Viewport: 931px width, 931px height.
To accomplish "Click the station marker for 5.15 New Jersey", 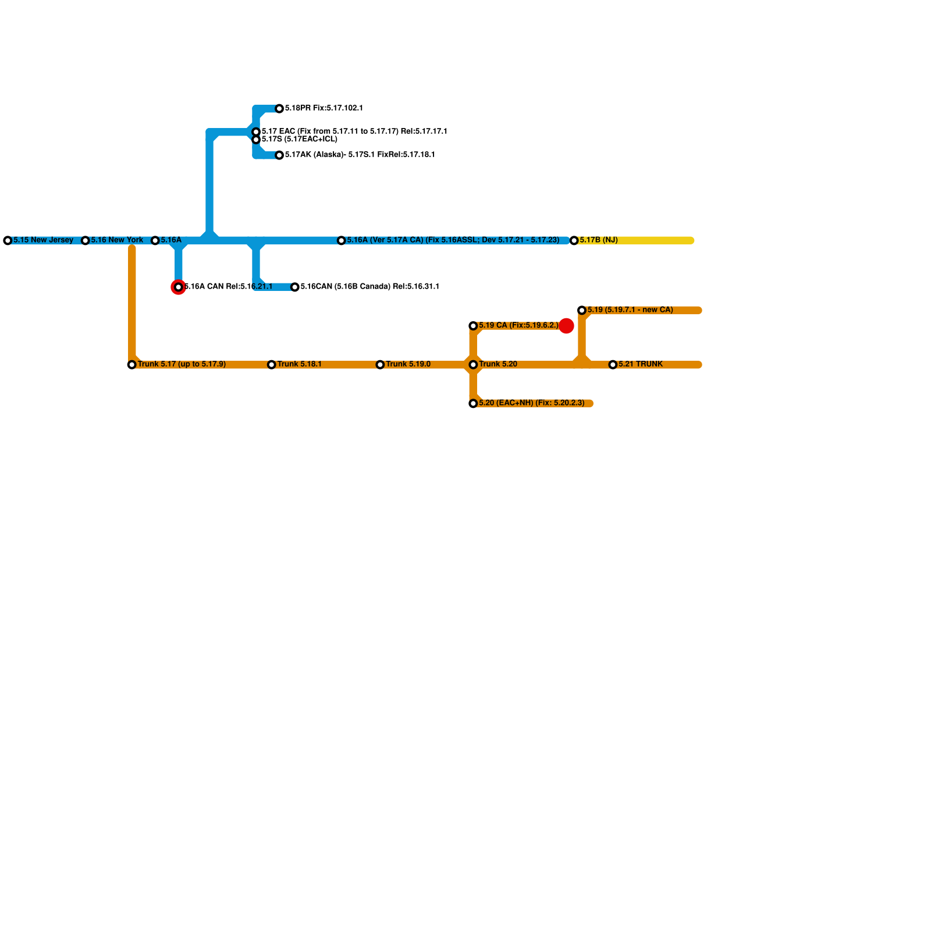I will pos(8,240).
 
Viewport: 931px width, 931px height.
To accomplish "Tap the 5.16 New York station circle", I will pos(85,240).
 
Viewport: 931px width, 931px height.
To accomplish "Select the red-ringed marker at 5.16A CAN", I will pos(179,287).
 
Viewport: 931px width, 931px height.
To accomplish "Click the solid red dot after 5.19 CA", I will pos(566,326).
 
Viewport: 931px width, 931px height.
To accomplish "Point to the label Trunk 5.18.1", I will pos(299,364).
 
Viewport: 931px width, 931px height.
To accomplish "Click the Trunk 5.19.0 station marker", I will pos(380,365).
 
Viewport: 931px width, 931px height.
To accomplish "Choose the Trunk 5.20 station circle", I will pos(473,365).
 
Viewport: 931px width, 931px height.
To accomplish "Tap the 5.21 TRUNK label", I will pos(640,364).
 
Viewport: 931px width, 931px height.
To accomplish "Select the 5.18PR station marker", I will pos(279,109).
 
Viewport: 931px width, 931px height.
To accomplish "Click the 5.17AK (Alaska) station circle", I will pos(279,155).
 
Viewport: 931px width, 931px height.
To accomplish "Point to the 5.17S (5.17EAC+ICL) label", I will pos(299,140).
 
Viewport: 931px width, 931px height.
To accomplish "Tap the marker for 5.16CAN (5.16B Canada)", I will pos(295,287).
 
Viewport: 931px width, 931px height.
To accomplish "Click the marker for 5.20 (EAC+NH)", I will pos(473,403).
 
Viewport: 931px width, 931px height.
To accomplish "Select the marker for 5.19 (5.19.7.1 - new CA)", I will pos(582,310).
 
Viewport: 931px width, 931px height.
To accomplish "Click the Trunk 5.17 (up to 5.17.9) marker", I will pos(132,365).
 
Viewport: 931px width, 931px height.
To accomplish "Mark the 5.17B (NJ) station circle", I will pos(574,240).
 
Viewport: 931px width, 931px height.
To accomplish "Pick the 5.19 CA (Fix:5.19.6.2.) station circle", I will pos(473,326).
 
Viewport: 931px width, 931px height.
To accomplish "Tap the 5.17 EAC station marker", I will pos(256,132).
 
